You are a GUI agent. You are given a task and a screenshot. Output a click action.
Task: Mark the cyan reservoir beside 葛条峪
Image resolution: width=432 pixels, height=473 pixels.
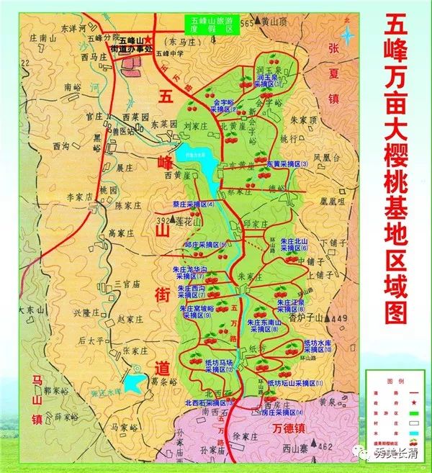tap(133, 382)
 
